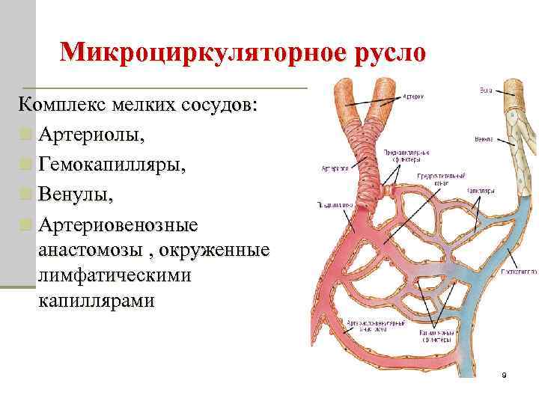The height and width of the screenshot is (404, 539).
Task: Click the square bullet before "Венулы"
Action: click(x=26, y=195)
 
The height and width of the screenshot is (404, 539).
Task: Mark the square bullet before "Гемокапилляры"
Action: click(x=26, y=166)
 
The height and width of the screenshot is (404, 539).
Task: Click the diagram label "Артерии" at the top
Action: click(x=415, y=96)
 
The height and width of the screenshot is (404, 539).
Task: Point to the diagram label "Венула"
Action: click(x=483, y=139)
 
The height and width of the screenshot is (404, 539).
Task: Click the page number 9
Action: click(x=504, y=374)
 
